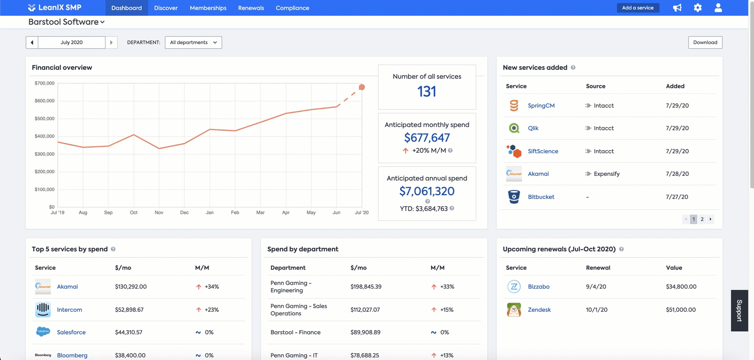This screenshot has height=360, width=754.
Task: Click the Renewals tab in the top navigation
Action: [x=251, y=8]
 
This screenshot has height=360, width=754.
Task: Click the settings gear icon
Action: [x=697, y=8]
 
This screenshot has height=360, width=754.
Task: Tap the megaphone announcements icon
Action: [x=677, y=8]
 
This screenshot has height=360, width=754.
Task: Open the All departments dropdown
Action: [x=193, y=43]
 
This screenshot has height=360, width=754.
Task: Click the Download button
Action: [x=705, y=43]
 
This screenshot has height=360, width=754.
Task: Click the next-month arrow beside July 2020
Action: [x=111, y=43]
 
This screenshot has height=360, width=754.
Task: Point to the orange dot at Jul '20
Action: [x=362, y=87]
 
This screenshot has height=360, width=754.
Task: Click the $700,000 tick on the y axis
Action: [x=45, y=83]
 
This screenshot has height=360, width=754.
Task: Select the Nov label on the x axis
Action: [x=159, y=213]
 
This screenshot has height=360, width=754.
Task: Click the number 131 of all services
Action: [x=426, y=92]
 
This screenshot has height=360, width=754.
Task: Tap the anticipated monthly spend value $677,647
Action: [x=427, y=138]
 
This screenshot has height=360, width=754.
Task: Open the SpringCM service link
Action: [x=541, y=105]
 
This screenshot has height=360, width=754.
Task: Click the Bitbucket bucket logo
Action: [x=514, y=197]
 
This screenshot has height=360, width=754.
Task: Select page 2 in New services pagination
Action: [x=702, y=219]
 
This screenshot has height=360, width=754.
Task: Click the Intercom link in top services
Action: [x=69, y=310]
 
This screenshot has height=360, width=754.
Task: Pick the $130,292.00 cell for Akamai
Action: [x=131, y=287]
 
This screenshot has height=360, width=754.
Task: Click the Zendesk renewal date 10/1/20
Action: [x=596, y=310]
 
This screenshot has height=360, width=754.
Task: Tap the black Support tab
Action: [x=739, y=311]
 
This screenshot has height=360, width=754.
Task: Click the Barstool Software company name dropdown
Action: [x=66, y=22]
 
